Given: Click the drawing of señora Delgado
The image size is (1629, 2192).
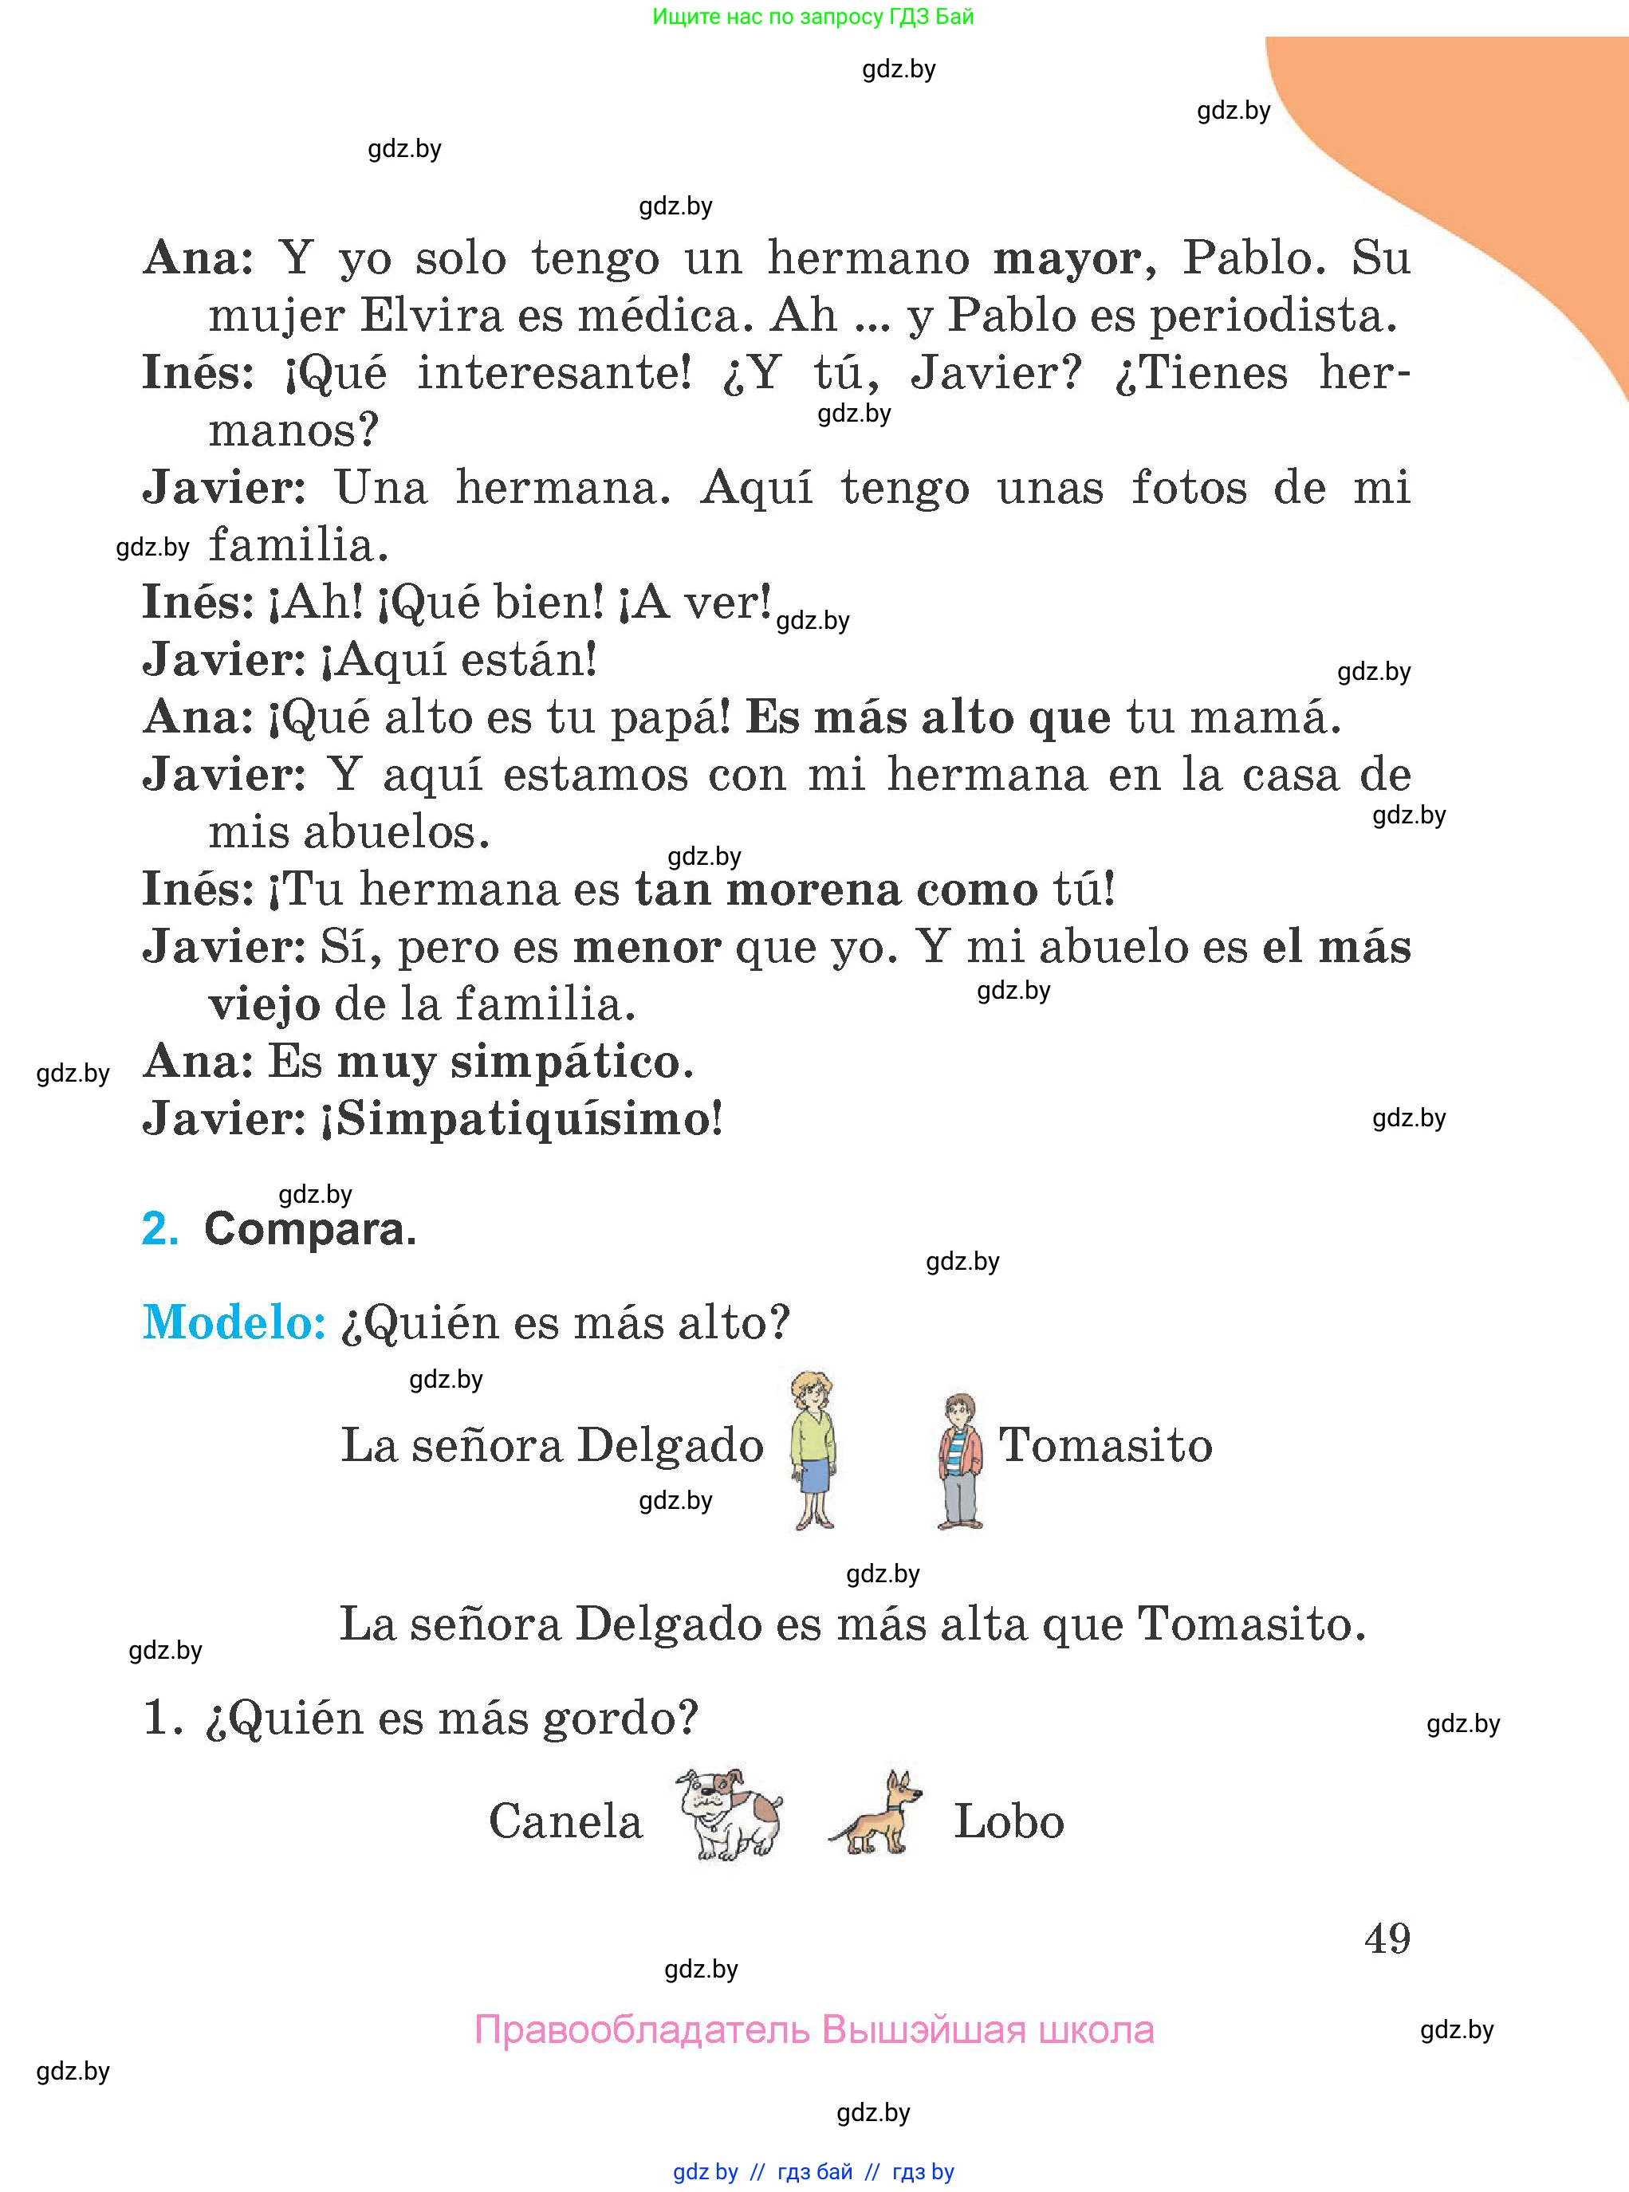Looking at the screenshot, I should (x=813, y=1449).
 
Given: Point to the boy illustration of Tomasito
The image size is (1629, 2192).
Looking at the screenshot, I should (x=959, y=1461).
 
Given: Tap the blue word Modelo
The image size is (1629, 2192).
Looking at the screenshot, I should (x=234, y=1322).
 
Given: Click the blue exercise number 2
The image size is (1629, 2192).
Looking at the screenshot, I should (x=159, y=1229).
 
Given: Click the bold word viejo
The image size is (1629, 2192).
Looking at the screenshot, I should (x=264, y=1005).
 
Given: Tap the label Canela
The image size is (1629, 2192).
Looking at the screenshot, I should (x=565, y=1821).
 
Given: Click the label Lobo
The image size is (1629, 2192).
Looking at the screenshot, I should (x=1009, y=1821).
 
